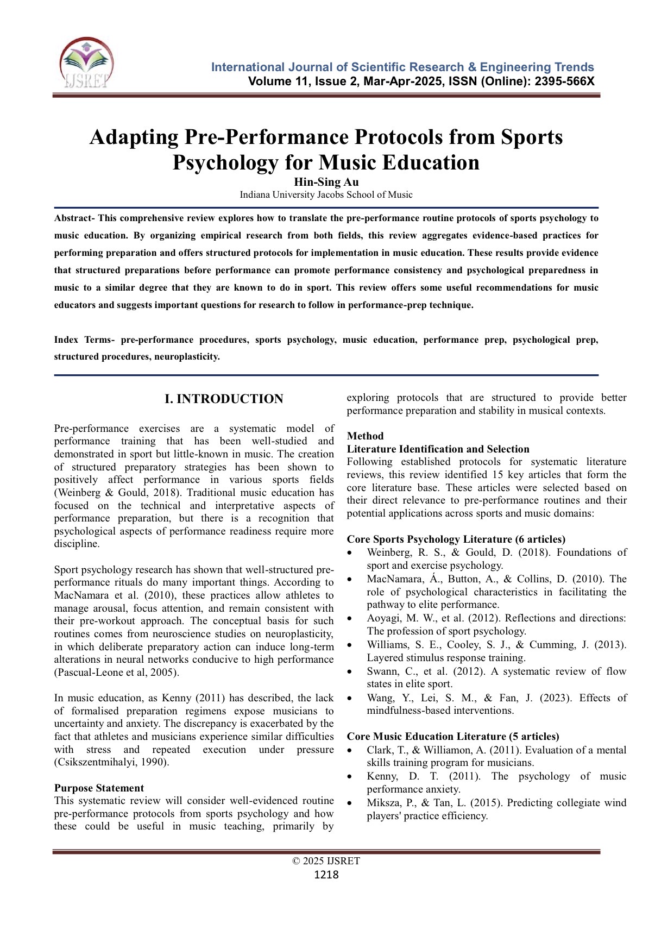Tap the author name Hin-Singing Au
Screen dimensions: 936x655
pyautogui.click(x=326, y=182)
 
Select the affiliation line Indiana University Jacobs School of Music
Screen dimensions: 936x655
pyautogui.click(x=326, y=194)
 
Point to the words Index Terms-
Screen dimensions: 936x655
pyautogui.click(x=84, y=340)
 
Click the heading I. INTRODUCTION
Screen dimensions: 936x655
pyautogui.click(x=224, y=399)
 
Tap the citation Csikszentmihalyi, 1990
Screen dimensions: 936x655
pyautogui.click(x=111, y=762)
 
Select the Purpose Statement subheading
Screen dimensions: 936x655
pyautogui.click(x=99, y=788)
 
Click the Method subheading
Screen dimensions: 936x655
pyautogui.click(x=365, y=436)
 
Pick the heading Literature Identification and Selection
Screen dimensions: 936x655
pyautogui.click(x=438, y=449)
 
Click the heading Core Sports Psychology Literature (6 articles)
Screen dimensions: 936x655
pyautogui.click(x=456, y=539)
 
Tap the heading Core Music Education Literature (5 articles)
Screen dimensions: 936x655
pyautogui.click(x=452, y=737)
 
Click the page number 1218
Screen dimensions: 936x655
pyautogui.click(x=326, y=875)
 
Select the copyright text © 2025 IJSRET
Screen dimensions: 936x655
pyautogui.click(x=326, y=861)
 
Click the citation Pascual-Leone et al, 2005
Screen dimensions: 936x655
pyautogui.click(x=116, y=673)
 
